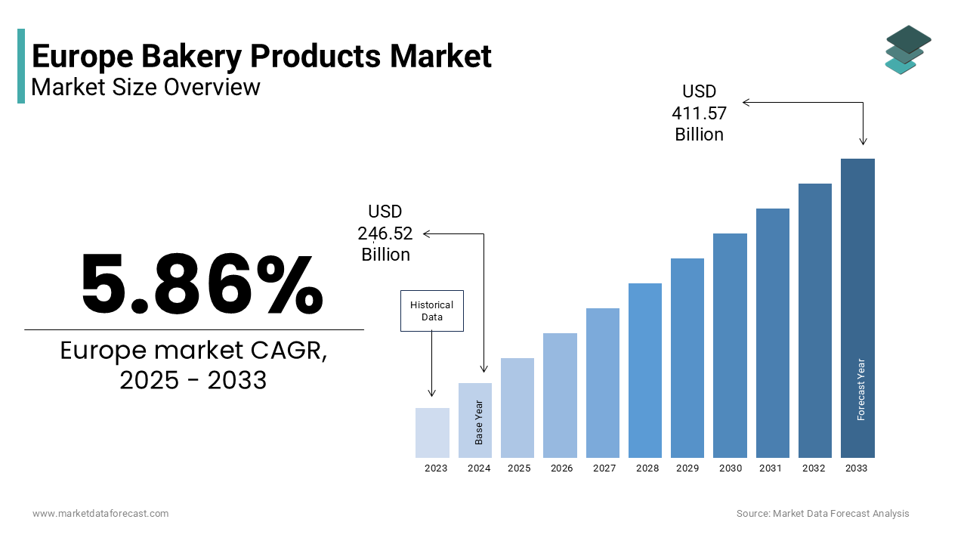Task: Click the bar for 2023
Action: pyautogui.click(x=432, y=433)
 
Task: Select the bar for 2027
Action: pyautogui.click(x=602, y=383)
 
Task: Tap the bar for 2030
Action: pyautogui.click(x=730, y=345)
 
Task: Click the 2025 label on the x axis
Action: pyautogui.click(x=519, y=468)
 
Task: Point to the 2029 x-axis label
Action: pyautogui.click(x=687, y=468)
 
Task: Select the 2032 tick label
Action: pyautogui.click(x=814, y=468)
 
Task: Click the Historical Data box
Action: pyautogui.click(x=431, y=311)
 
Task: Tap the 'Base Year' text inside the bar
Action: pyautogui.click(x=479, y=422)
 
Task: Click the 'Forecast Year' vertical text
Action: pyautogui.click(x=861, y=389)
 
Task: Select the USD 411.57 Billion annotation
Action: pyautogui.click(x=699, y=113)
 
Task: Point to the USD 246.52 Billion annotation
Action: pyautogui.click(x=385, y=233)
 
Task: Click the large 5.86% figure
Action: pyautogui.click(x=202, y=285)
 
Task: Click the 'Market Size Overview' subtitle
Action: pyautogui.click(x=146, y=88)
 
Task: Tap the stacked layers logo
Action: pyautogui.click(x=907, y=50)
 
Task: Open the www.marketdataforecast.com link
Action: pyautogui.click(x=100, y=514)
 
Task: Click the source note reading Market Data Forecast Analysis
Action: pyautogui.click(x=823, y=514)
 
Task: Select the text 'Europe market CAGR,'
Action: pyautogui.click(x=193, y=351)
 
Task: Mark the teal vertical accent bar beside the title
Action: pyautogui.click(x=21, y=66)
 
